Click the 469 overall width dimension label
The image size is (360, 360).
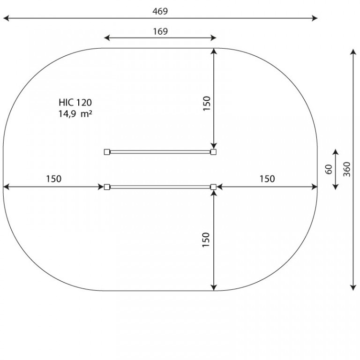pyautogui.click(x=160, y=11)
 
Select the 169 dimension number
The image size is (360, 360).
pyautogui.click(x=160, y=31)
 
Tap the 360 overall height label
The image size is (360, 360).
pyautogui.click(x=347, y=169)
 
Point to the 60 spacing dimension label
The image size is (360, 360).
pyautogui.click(x=329, y=169)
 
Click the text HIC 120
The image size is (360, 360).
pyautogui.click(x=75, y=102)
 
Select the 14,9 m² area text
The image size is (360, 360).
pyautogui.click(x=75, y=113)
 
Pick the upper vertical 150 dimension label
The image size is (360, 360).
pyautogui.click(x=207, y=104)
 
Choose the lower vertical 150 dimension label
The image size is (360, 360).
pyautogui.click(x=206, y=240)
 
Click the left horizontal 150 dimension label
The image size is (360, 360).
pyautogui.click(x=54, y=179)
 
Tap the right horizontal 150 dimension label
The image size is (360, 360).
pyautogui.click(x=267, y=179)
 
